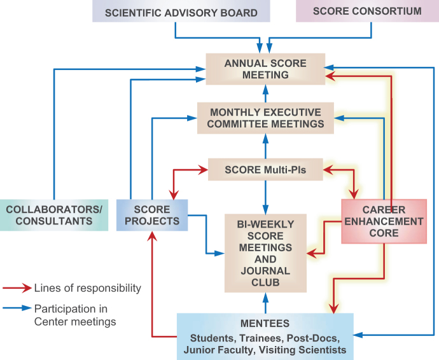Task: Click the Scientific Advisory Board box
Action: click(x=181, y=11)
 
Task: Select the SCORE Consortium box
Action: click(x=367, y=11)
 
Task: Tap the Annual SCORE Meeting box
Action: click(x=265, y=69)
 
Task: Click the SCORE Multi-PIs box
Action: click(x=266, y=170)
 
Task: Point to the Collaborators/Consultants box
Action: click(x=55, y=215)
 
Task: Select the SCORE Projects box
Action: click(x=152, y=215)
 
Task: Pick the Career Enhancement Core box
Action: click(x=384, y=221)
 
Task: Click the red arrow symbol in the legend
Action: click(x=16, y=288)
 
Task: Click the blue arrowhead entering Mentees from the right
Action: click(x=359, y=333)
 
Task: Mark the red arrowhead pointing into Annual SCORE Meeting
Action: click(x=330, y=75)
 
